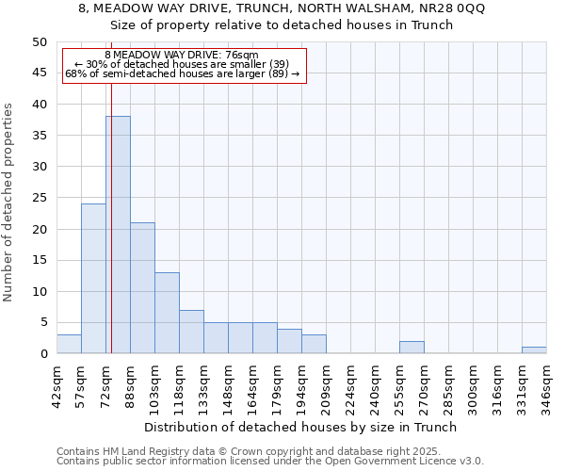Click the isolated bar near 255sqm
point(412,348)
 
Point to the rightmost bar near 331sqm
point(534,350)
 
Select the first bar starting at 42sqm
point(69,344)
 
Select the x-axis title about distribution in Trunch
point(300,427)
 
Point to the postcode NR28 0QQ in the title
point(451,8)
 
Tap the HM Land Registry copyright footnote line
point(255,451)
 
